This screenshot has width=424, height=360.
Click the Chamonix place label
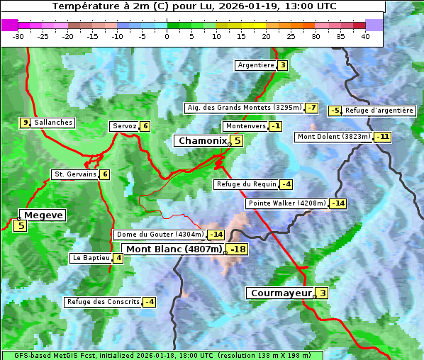point(202,141)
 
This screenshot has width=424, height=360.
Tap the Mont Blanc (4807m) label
point(174,249)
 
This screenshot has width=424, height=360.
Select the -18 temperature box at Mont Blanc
point(238,249)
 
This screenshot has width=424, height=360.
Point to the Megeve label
point(43,215)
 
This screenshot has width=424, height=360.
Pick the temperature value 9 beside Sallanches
point(26,123)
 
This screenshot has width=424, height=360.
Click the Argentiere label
point(256,65)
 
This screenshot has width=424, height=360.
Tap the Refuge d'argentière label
point(379,111)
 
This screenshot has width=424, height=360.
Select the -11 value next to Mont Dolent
point(383,137)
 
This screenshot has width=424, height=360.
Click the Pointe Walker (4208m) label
point(286,203)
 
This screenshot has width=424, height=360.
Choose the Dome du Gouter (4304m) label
point(160,235)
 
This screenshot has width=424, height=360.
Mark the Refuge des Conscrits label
point(103,302)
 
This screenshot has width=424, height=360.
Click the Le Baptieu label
point(90,258)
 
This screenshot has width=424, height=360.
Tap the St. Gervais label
point(74,174)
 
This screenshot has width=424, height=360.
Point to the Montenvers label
point(245,126)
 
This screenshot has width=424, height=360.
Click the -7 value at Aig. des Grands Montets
point(312,108)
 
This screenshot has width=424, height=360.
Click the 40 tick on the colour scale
point(365,36)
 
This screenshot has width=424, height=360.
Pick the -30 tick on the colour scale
point(18,36)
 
